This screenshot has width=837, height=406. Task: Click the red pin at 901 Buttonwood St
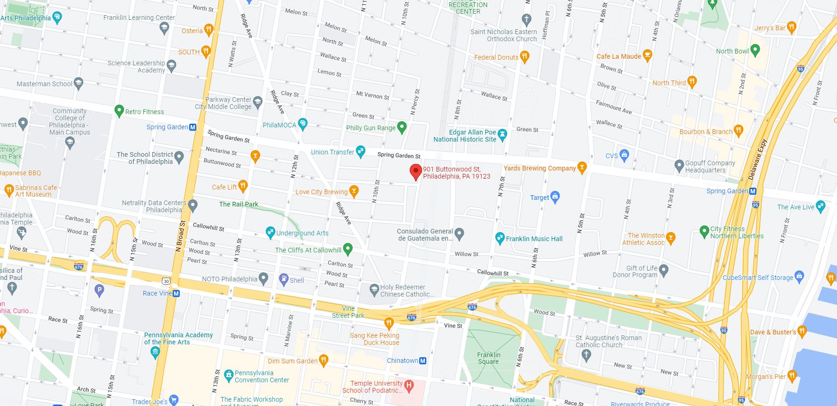tap(415, 171)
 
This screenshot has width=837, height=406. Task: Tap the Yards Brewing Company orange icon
tap(582, 168)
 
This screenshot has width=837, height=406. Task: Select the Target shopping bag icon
tap(555, 197)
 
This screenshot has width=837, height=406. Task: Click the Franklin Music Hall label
tap(534, 239)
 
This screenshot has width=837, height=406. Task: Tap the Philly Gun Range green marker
tap(402, 127)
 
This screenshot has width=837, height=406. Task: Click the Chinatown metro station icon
tap(423, 361)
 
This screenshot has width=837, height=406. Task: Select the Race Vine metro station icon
tap(176, 293)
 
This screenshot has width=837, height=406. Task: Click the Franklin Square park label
tap(488, 358)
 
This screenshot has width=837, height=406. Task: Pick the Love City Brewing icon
tap(353, 191)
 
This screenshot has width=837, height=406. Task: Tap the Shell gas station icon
tap(284, 279)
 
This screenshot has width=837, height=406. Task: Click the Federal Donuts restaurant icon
tap(524, 57)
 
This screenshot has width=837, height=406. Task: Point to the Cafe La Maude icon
tap(647, 55)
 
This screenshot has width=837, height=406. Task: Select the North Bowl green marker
tap(755, 50)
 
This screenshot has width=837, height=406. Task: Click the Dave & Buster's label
tap(773, 332)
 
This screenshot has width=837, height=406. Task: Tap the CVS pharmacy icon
tap(624, 154)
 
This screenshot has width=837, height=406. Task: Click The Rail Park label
tap(239, 204)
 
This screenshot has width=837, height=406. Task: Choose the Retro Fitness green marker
tap(119, 111)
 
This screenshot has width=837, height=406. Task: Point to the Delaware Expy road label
tap(757, 159)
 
